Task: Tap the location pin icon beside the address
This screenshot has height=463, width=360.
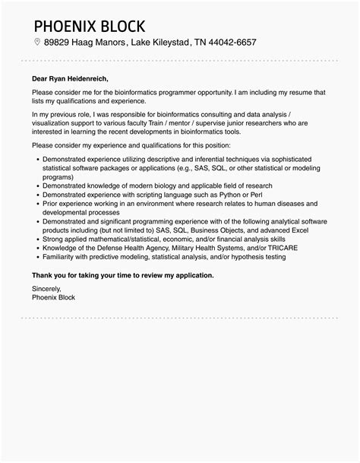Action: pos(36,43)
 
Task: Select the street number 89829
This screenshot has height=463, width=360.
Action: pos(58,43)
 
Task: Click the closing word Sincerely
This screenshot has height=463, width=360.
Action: pos(46,290)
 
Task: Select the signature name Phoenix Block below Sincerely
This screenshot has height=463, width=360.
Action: pos(53,298)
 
